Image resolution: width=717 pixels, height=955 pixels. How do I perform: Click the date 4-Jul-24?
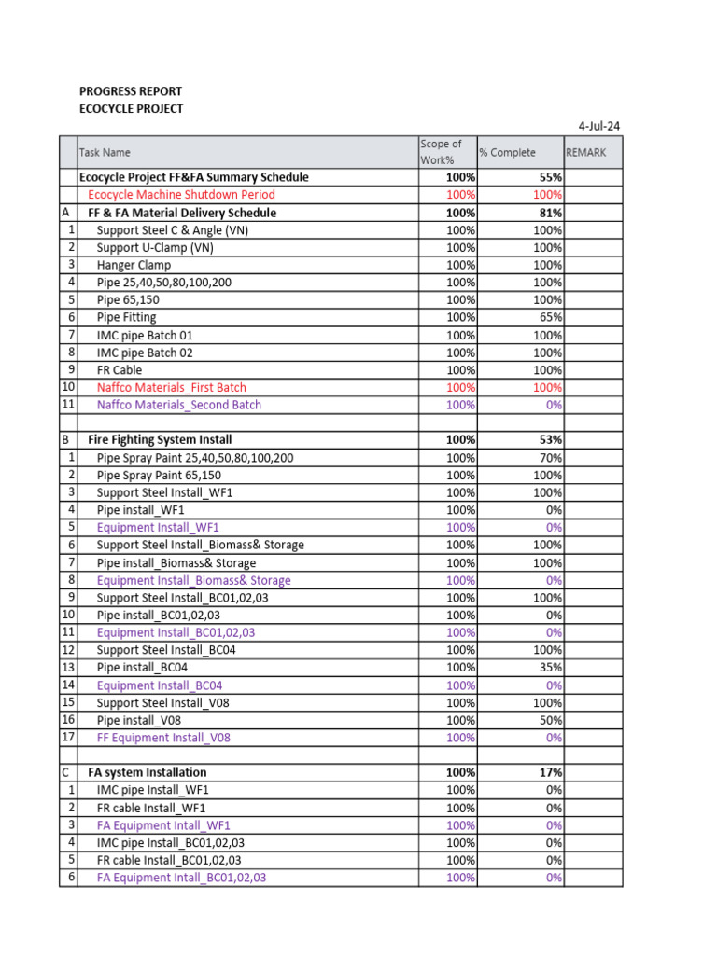click(x=600, y=125)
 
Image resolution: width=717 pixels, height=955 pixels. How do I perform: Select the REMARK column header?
click(x=586, y=152)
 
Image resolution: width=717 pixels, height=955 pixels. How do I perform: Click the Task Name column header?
click(x=105, y=152)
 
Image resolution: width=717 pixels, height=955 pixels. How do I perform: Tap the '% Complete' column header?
click(x=507, y=152)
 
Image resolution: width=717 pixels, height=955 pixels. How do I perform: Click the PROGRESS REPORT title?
click(x=131, y=91)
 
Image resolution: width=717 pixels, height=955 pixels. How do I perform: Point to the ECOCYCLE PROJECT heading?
click(x=131, y=109)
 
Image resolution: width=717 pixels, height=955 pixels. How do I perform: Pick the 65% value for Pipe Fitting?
click(x=550, y=318)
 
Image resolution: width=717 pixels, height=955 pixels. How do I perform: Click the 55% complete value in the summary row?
click(x=548, y=177)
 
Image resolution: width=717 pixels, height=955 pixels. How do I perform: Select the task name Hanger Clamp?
click(x=134, y=265)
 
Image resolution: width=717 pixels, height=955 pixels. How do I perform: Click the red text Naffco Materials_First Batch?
click(x=172, y=387)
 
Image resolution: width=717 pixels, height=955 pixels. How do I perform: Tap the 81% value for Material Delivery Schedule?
click(x=548, y=213)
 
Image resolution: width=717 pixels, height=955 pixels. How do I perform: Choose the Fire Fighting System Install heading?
click(x=160, y=439)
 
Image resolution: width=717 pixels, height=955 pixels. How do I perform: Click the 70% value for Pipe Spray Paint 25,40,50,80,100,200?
click(x=550, y=458)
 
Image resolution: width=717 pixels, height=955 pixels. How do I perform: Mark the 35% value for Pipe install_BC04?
click(x=550, y=668)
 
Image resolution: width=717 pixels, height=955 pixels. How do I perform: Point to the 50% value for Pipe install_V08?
click(x=550, y=720)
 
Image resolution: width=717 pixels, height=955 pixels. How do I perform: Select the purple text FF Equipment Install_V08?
click(x=163, y=738)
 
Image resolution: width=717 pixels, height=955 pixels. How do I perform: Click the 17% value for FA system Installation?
click(x=548, y=773)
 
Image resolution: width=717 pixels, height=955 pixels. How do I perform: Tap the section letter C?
click(x=64, y=773)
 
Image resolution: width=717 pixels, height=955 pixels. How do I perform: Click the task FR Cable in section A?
click(x=119, y=370)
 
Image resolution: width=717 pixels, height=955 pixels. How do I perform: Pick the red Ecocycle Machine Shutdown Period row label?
click(x=181, y=195)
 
